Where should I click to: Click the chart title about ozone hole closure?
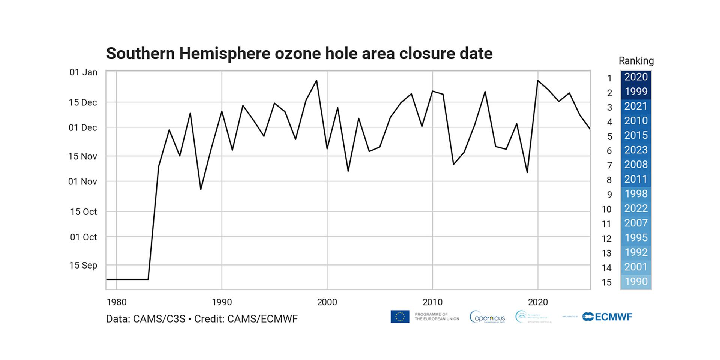(x=299, y=54)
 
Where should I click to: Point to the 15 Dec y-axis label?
(x=83, y=102)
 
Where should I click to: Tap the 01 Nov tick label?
(x=82, y=182)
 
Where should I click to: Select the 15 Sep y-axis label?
(x=83, y=265)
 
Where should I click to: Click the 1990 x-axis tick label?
(x=222, y=302)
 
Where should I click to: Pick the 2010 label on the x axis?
(x=432, y=302)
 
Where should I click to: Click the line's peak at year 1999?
(x=316, y=80)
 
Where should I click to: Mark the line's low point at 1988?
(x=201, y=189)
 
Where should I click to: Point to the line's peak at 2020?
(x=538, y=80)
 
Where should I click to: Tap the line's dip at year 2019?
(x=527, y=172)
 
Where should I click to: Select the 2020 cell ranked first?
(x=636, y=77)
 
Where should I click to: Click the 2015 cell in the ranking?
(x=636, y=135)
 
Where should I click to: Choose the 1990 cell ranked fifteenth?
(x=636, y=282)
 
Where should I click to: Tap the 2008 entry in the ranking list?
(x=636, y=165)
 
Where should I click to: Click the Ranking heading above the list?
(x=636, y=61)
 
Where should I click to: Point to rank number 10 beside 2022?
(x=606, y=209)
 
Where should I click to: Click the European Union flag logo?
(x=400, y=317)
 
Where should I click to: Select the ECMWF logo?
(x=607, y=317)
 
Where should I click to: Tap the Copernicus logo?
(x=487, y=317)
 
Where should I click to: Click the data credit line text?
(x=202, y=319)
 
